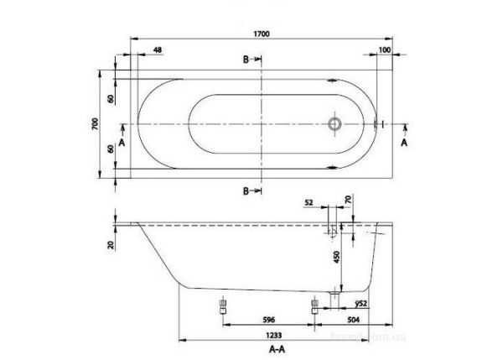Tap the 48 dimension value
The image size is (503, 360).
158,50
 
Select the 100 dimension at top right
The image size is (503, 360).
385,50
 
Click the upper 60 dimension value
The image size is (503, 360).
111,99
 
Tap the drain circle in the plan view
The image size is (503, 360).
335,123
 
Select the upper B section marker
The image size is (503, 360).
248,60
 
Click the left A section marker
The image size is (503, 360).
122,143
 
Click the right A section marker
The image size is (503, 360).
406,143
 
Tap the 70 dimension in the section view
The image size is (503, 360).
349,201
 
